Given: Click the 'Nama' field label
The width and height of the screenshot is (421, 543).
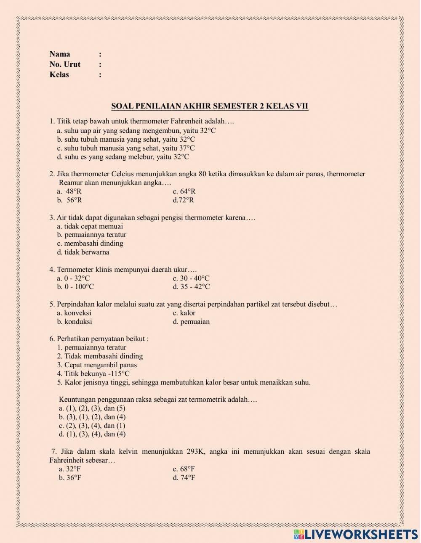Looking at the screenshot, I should pyautogui.click(x=60, y=54).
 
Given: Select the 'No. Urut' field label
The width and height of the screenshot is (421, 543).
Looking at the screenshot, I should pyautogui.click(x=65, y=64).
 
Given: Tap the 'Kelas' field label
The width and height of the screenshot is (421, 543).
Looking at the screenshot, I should pyautogui.click(x=59, y=75).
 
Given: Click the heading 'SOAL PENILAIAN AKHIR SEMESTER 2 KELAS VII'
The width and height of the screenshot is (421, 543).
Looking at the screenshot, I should pyautogui.click(x=210, y=106).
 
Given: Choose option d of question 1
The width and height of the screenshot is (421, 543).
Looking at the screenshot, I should pyautogui.click(x=123, y=157).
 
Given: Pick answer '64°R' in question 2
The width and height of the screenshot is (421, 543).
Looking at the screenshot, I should pyautogui.click(x=184, y=191).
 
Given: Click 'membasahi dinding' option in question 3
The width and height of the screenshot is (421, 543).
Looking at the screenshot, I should pyautogui.click(x=90, y=244).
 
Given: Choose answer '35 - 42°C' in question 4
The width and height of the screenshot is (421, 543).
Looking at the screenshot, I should pyautogui.click(x=191, y=287).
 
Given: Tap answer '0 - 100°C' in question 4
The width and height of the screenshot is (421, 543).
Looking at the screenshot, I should pyautogui.click(x=75, y=287).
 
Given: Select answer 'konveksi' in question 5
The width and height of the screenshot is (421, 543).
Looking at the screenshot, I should pyautogui.click(x=74, y=313).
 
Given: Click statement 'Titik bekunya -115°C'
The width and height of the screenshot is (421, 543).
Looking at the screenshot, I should pyautogui.click(x=93, y=374).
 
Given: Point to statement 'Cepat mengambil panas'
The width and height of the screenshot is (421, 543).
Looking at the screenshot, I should pyautogui.click(x=97, y=365).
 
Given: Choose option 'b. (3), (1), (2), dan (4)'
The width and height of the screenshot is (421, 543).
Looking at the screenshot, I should pyautogui.click(x=92, y=417).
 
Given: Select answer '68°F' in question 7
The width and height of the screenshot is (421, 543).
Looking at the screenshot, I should pyautogui.click(x=184, y=469).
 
